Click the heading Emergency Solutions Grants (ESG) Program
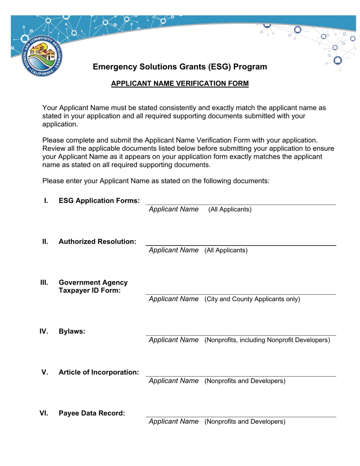tap(180, 67)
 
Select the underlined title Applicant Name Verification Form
tap(180, 84)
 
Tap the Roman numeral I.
tap(46, 201)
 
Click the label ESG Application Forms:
tap(99, 201)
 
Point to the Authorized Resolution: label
tap(97, 242)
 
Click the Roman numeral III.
tap(44, 283)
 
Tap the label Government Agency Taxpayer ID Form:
tap(93, 286)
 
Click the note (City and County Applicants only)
tap(252, 299)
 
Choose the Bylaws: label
tap(72, 332)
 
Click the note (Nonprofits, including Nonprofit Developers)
tap(267, 340)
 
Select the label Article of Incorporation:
tap(99, 372)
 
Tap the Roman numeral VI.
tap(44, 413)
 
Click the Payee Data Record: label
tap(91, 413)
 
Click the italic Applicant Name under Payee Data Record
tap(174, 422)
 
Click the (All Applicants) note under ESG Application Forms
tap(230, 210)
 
